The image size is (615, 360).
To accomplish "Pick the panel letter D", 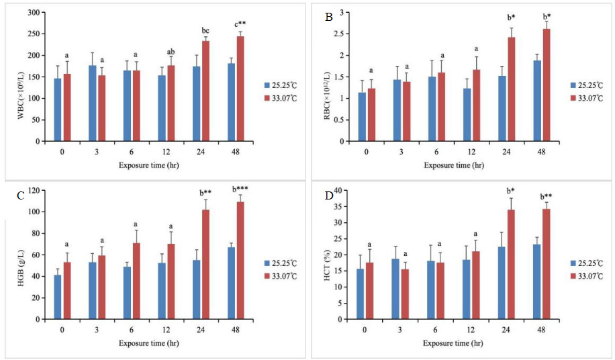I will click(x=329, y=195).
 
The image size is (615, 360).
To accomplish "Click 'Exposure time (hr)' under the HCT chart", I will click(x=453, y=343).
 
